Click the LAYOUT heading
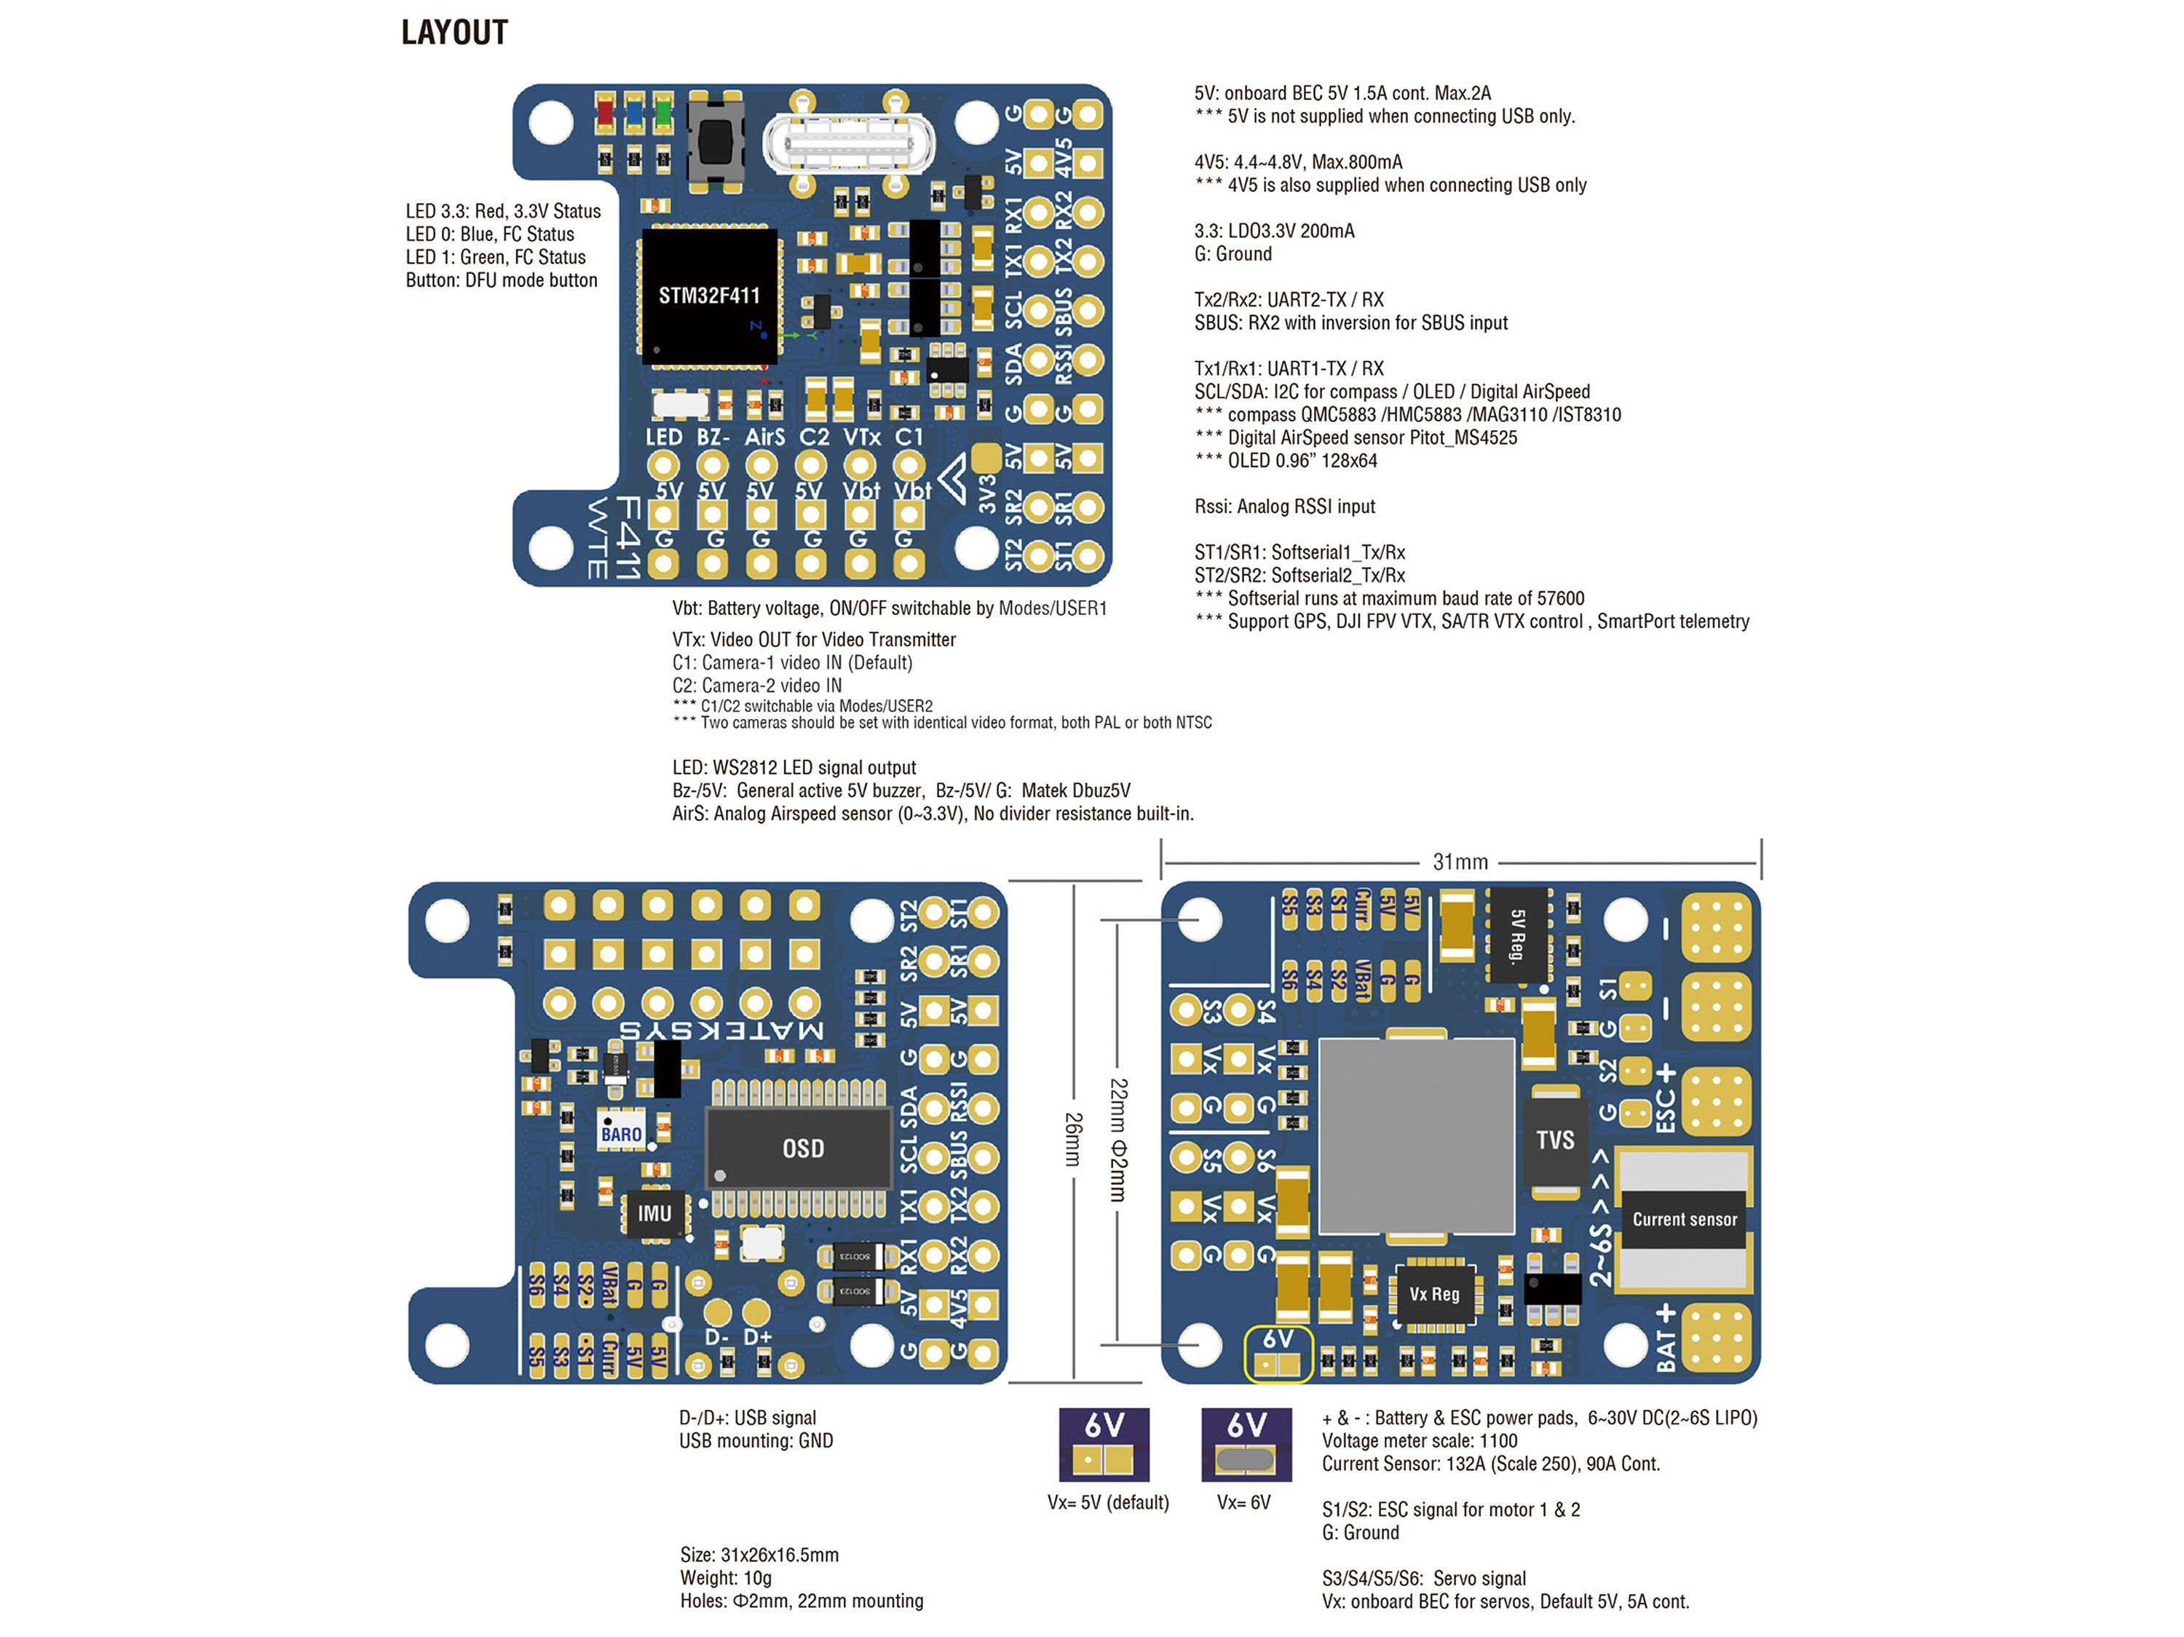[454, 33]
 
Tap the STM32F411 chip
[709, 296]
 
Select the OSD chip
[802, 1149]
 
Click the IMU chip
[654, 1213]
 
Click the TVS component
[1555, 1141]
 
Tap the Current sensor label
[1685, 1219]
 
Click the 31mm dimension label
[1460, 862]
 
